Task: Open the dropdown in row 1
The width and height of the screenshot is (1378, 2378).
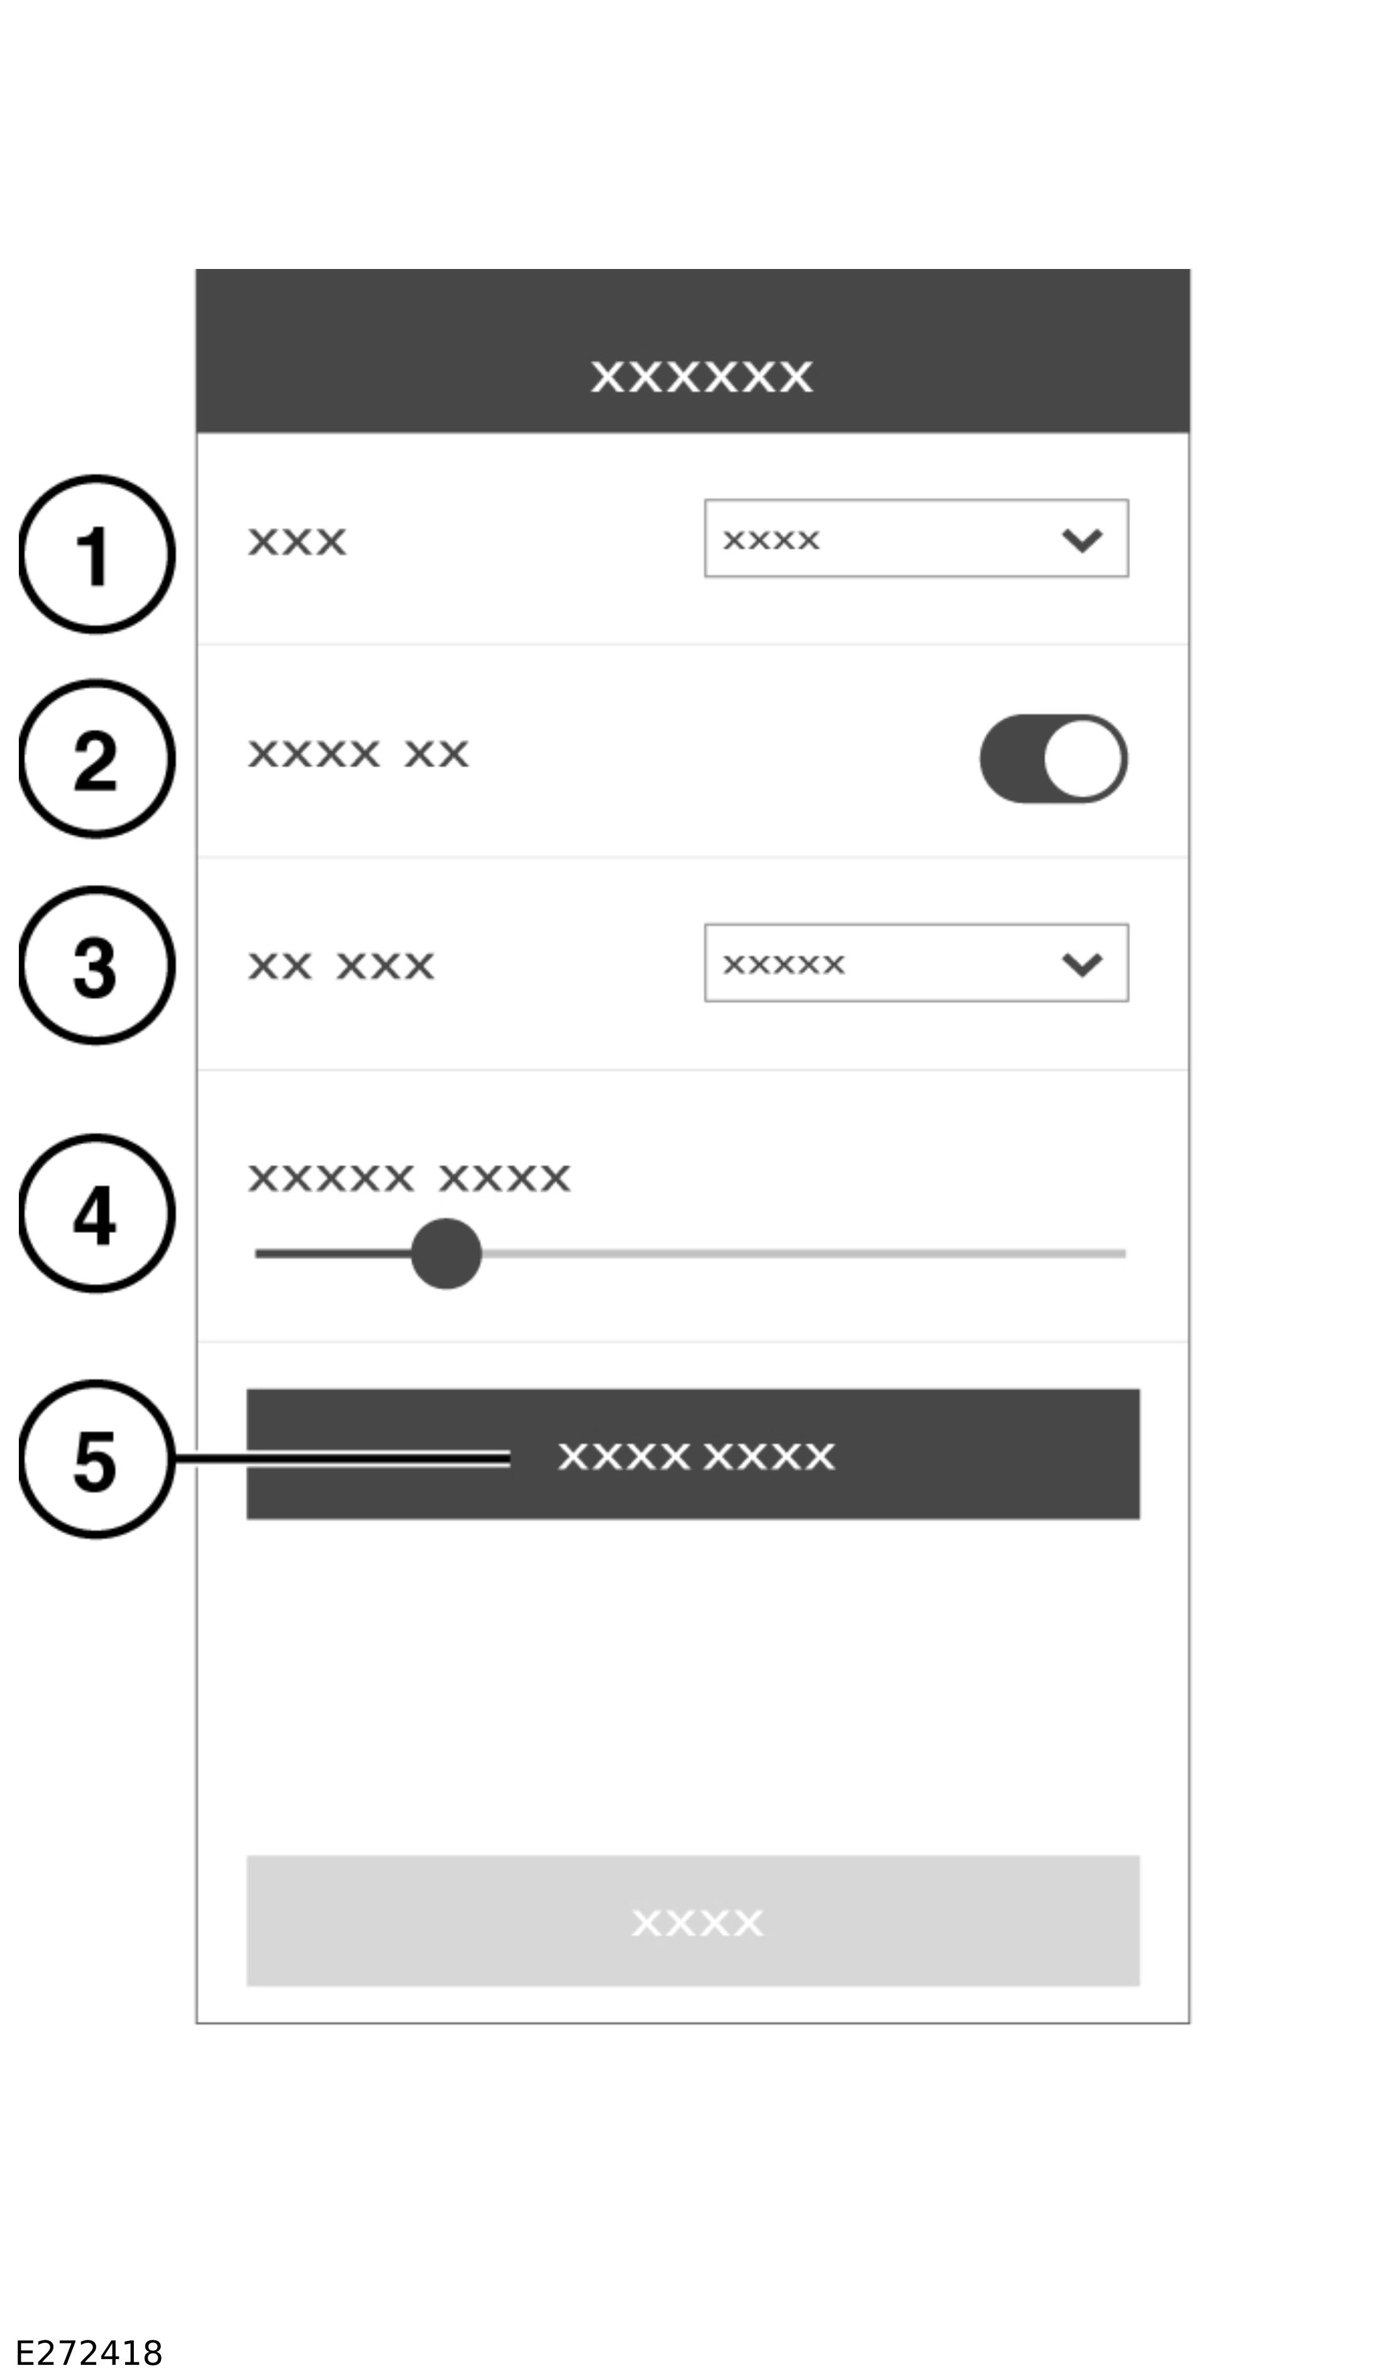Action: pyautogui.click(x=917, y=538)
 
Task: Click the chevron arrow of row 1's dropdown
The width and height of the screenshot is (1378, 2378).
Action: pyautogui.click(x=1082, y=540)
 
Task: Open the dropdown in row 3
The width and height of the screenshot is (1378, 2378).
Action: pyautogui.click(x=917, y=963)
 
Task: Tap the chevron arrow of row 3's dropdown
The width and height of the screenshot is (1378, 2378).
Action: pyautogui.click(x=1082, y=965)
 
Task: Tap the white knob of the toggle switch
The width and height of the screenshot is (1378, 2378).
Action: pyautogui.click(x=1084, y=759)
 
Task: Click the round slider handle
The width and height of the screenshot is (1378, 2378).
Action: pyautogui.click(x=446, y=1253)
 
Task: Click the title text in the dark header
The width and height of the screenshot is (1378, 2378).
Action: pyautogui.click(x=702, y=376)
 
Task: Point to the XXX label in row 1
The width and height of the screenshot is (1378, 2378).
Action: pyautogui.click(x=297, y=542)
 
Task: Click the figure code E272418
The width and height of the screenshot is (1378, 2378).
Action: pyautogui.click(x=90, y=2353)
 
